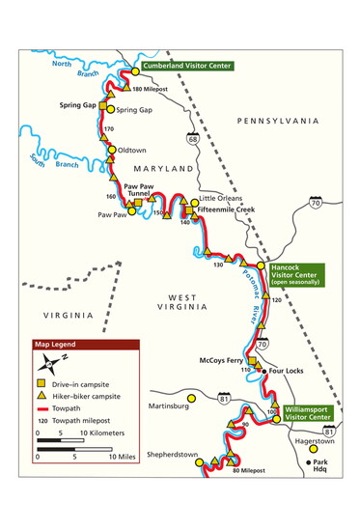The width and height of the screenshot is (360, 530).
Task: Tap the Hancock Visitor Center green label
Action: [297, 274]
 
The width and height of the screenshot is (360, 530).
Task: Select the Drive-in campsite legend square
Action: [43, 384]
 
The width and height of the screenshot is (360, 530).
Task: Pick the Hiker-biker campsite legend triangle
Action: [43, 397]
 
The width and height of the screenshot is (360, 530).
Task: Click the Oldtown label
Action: [132, 151]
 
